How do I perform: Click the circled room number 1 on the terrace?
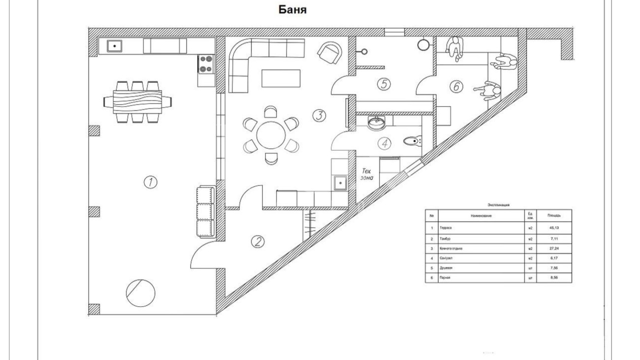[150, 183]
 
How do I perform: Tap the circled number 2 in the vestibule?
[258, 241]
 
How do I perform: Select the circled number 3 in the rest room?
[320, 116]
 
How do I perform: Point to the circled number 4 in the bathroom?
[385, 144]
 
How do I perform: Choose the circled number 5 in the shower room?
[384, 84]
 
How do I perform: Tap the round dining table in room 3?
[270, 134]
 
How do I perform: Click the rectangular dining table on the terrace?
[137, 102]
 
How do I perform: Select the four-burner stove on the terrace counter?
[206, 64]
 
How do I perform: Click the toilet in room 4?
[413, 142]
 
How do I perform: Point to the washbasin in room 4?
[378, 122]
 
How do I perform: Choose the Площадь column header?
[553, 215]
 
